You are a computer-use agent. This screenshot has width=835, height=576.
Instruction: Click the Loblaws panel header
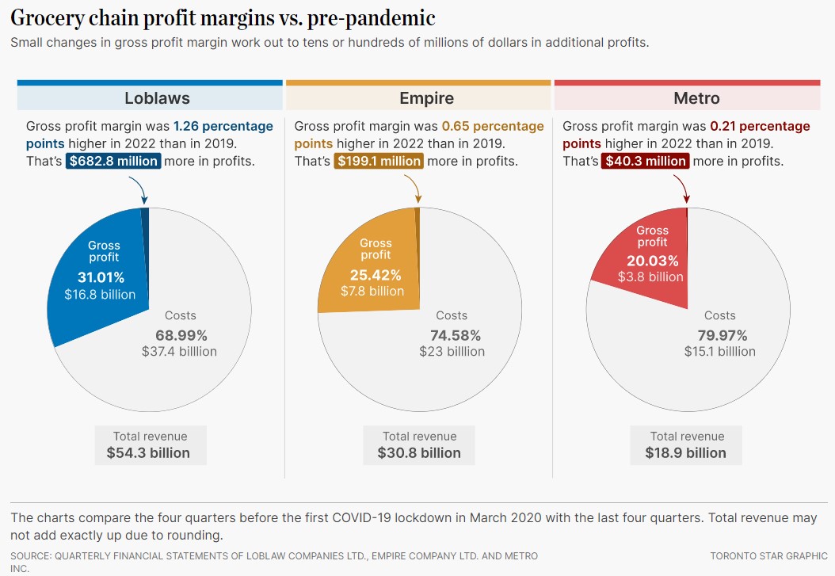[157, 98]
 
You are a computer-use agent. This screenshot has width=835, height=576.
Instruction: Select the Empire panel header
[426, 98]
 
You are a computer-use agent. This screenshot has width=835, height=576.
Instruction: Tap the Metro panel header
[696, 98]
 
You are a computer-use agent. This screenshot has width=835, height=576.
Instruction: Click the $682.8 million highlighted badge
[114, 161]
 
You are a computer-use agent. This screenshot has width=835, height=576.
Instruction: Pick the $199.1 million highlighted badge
[379, 161]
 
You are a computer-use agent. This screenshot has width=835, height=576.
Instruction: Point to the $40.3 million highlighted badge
[645, 161]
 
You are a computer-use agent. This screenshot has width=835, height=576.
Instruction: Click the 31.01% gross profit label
[101, 277]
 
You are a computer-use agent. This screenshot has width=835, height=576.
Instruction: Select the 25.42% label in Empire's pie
[376, 275]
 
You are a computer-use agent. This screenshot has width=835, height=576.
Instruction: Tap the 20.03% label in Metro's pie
[653, 261]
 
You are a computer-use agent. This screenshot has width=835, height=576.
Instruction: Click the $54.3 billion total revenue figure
[148, 453]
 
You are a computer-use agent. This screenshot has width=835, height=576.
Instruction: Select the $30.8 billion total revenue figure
[419, 453]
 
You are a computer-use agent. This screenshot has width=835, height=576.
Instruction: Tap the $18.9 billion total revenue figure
[687, 453]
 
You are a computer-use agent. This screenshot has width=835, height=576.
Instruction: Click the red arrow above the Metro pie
[684, 188]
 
